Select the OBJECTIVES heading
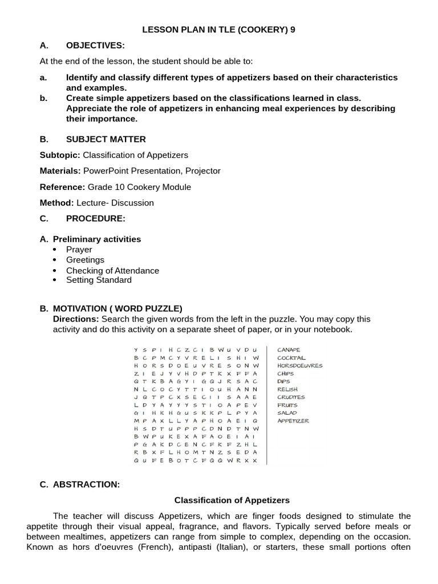(x=95, y=46)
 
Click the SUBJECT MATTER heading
(x=106, y=139)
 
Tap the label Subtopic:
(x=60, y=155)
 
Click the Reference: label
(x=62, y=187)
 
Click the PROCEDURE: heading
(x=96, y=218)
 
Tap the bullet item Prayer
(x=79, y=250)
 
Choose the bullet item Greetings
(x=85, y=260)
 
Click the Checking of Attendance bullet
(x=112, y=271)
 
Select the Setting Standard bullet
(x=99, y=280)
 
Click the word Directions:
(x=76, y=319)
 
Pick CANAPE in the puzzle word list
(x=289, y=350)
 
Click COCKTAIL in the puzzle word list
(x=291, y=358)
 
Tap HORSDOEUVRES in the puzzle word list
(x=299, y=366)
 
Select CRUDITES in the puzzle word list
(x=291, y=397)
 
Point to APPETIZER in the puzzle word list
(x=293, y=421)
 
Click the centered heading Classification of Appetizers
(x=232, y=500)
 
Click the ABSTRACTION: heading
(x=86, y=484)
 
